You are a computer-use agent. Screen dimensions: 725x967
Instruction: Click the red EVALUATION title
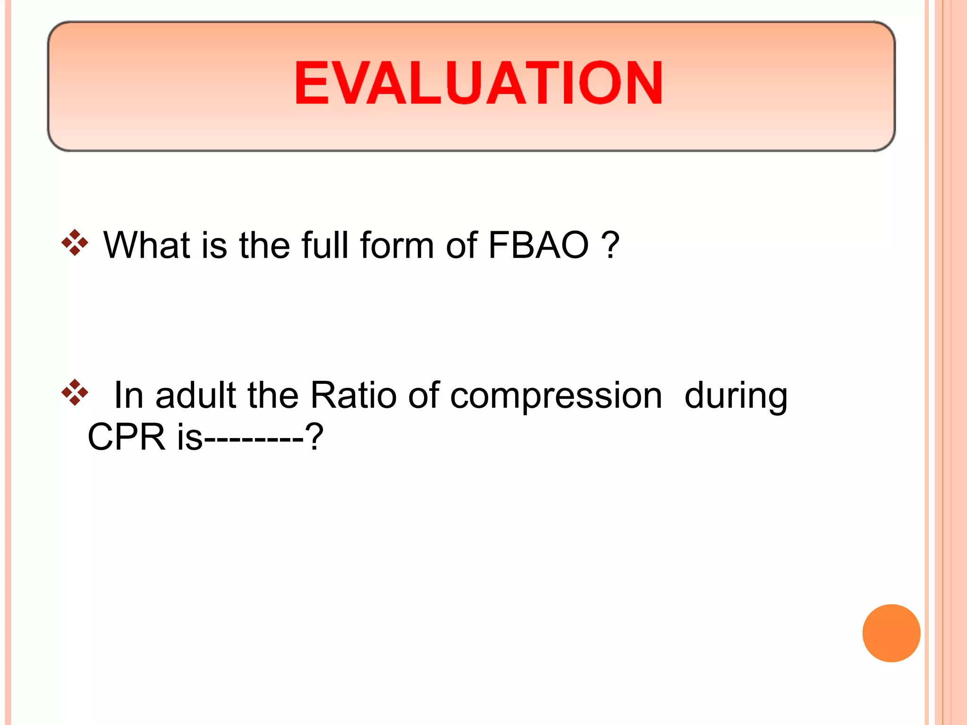pyautogui.click(x=478, y=83)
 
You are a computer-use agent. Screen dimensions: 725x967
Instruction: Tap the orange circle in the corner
pyautogui.click(x=891, y=633)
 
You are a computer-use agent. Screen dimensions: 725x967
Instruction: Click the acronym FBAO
pyautogui.click(x=539, y=245)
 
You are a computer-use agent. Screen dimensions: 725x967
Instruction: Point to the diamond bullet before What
pyautogui.click(x=75, y=243)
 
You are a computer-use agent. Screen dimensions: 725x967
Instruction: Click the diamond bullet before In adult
pyautogui.click(x=75, y=392)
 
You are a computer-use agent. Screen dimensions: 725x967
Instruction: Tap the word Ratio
pyautogui.click(x=353, y=395)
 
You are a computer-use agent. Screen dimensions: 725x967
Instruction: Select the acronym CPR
pyautogui.click(x=127, y=437)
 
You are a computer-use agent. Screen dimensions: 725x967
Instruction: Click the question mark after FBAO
pyautogui.click(x=611, y=245)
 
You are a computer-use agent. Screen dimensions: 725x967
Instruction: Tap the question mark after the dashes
pyautogui.click(x=314, y=437)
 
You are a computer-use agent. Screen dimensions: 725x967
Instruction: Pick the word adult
pyautogui.click(x=195, y=395)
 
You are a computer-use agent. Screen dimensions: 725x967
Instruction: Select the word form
pyautogui.click(x=397, y=245)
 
